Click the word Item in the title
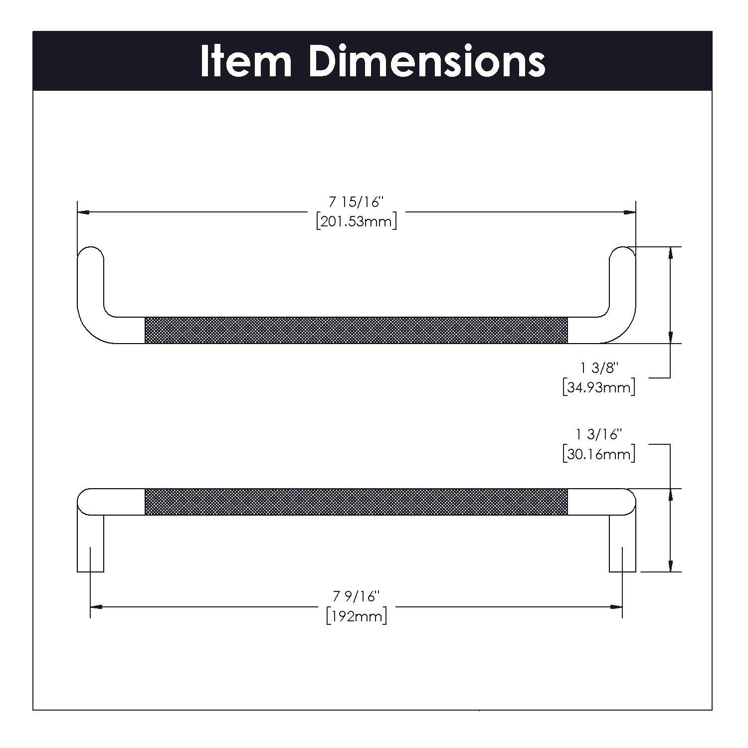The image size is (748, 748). click(245, 62)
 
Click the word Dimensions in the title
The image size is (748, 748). click(427, 62)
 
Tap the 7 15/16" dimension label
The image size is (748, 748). click(357, 203)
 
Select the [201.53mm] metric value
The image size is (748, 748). click(357, 221)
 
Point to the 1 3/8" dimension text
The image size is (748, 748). click(599, 369)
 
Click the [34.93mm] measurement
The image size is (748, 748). click(598, 387)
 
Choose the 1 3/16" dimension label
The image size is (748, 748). click(599, 435)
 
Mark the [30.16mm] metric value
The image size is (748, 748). click(598, 454)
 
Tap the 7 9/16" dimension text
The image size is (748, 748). click(357, 596)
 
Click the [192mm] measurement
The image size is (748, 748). click(357, 616)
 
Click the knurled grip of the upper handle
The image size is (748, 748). click(356, 330)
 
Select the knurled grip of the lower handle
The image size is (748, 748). click(356, 502)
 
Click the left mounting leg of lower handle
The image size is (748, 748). click(90, 544)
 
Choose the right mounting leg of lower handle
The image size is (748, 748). click(622, 544)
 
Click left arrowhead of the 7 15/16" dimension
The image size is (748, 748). click(84, 212)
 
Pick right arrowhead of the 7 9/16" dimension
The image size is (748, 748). click(617, 607)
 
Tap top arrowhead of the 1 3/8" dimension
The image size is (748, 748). click(671, 252)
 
